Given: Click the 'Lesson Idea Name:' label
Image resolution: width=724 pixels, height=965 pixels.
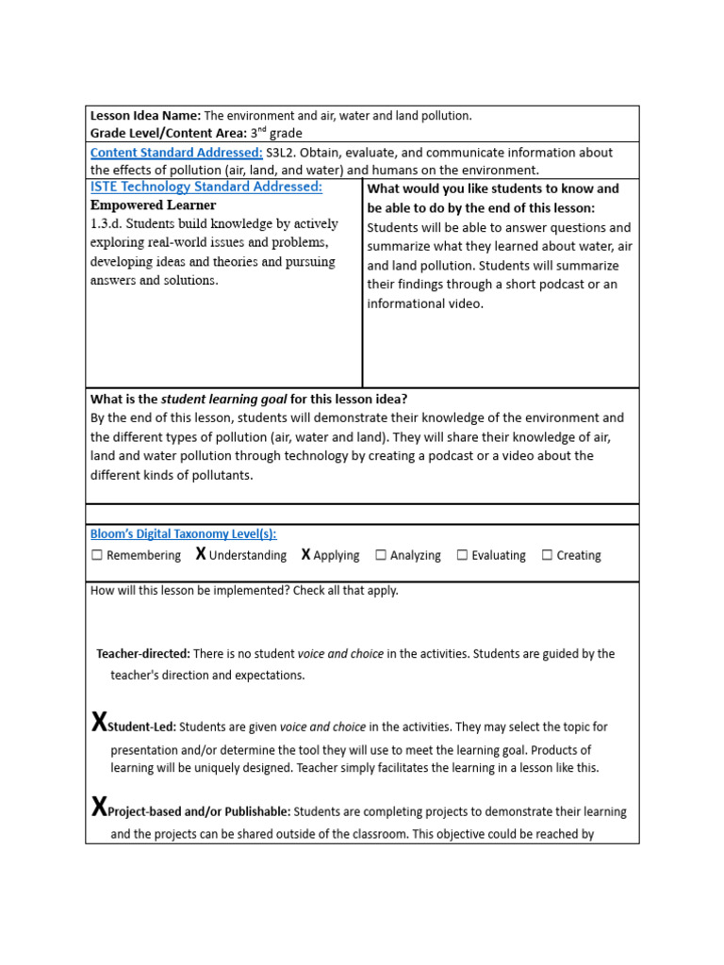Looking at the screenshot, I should [x=145, y=116].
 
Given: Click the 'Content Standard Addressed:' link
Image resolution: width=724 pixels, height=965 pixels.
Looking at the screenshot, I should [x=176, y=153].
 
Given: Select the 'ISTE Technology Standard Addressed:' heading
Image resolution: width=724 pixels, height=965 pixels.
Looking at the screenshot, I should [x=206, y=187].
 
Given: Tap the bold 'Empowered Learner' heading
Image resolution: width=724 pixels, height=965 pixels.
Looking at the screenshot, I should [x=153, y=205].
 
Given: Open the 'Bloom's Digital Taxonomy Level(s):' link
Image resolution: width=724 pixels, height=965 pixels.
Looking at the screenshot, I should [x=183, y=534].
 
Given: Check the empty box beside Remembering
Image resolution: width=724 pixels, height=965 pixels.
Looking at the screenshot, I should [x=97, y=556].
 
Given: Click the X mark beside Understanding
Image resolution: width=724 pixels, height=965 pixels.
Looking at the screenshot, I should [x=201, y=555].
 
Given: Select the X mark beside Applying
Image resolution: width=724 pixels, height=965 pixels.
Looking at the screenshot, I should [x=305, y=555].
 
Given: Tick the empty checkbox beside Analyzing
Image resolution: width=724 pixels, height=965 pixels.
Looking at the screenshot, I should [x=381, y=556].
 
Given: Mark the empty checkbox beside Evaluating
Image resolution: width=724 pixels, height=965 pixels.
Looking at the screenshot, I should [x=462, y=556].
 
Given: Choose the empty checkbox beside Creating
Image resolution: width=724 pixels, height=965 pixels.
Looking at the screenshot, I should [x=547, y=556].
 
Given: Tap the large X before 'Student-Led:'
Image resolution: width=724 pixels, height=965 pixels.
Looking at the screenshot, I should [x=99, y=724].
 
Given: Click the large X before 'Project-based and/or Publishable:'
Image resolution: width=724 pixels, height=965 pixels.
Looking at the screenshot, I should [x=99, y=809].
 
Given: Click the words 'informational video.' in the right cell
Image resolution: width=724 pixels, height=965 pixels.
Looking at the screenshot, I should [x=425, y=303].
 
